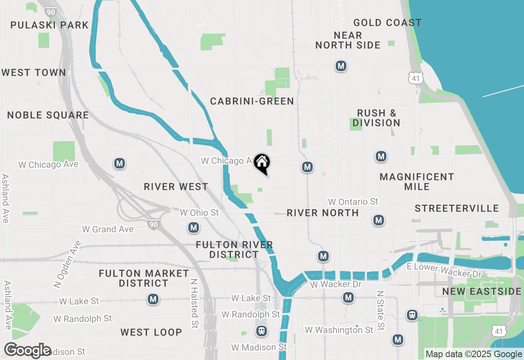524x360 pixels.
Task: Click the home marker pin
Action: point(262,163)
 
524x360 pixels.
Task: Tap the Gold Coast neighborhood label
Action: point(387,22)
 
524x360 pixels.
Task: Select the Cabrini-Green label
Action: point(252,101)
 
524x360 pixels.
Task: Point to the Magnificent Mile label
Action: point(417,182)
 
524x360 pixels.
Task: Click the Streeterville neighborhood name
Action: point(457,208)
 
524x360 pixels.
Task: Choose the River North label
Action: point(323,213)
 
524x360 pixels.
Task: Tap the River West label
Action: point(176,187)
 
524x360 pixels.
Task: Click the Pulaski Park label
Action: point(49,25)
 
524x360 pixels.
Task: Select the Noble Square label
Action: point(48,115)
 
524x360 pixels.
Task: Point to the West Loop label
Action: point(151,332)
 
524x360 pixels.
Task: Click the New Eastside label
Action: point(481,292)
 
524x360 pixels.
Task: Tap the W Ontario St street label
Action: point(353,202)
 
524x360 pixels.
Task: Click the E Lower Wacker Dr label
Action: point(445,270)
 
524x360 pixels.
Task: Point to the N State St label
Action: point(380,311)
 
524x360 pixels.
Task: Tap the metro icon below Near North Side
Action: point(341,65)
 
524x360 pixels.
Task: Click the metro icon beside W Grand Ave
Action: point(194,227)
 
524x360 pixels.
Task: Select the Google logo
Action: point(27,350)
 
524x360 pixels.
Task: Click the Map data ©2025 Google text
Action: point(474,354)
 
